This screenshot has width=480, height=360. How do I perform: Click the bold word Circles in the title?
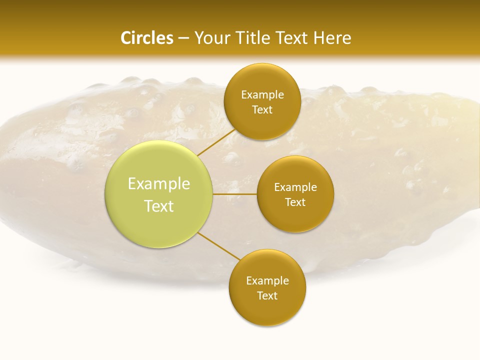pyautogui.click(x=147, y=38)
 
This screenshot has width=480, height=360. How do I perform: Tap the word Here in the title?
pyautogui.click(x=332, y=38)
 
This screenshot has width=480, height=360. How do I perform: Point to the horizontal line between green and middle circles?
pyautogui.click(x=235, y=194)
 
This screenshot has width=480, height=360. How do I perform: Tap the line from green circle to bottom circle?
pyautogui.click(x=218, y=246)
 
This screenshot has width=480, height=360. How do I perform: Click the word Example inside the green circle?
pyautogui.click(x=159, y=184)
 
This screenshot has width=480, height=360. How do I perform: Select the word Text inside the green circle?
pyautogui.click(x=159, y=206)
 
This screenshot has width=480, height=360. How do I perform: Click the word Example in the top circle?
pyautogui.click(x=262, y=95)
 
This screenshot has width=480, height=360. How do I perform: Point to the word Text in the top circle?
pyautogui.click(x=262, y=109)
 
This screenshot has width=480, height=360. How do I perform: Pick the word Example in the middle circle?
pyautogui.click(x=295, y=187)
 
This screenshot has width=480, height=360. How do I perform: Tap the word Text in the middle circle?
pyautogui.click(x=295, y=202)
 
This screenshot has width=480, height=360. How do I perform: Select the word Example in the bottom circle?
pyautogui.click(x=267, y=281)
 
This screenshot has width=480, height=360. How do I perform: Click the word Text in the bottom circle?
pyautogui.click(x=267, y=295)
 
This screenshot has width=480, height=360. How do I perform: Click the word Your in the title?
pyautogui.click(x=211, y=38)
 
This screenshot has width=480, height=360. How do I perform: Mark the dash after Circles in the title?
pyautogui.click(x=183, y=38)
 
